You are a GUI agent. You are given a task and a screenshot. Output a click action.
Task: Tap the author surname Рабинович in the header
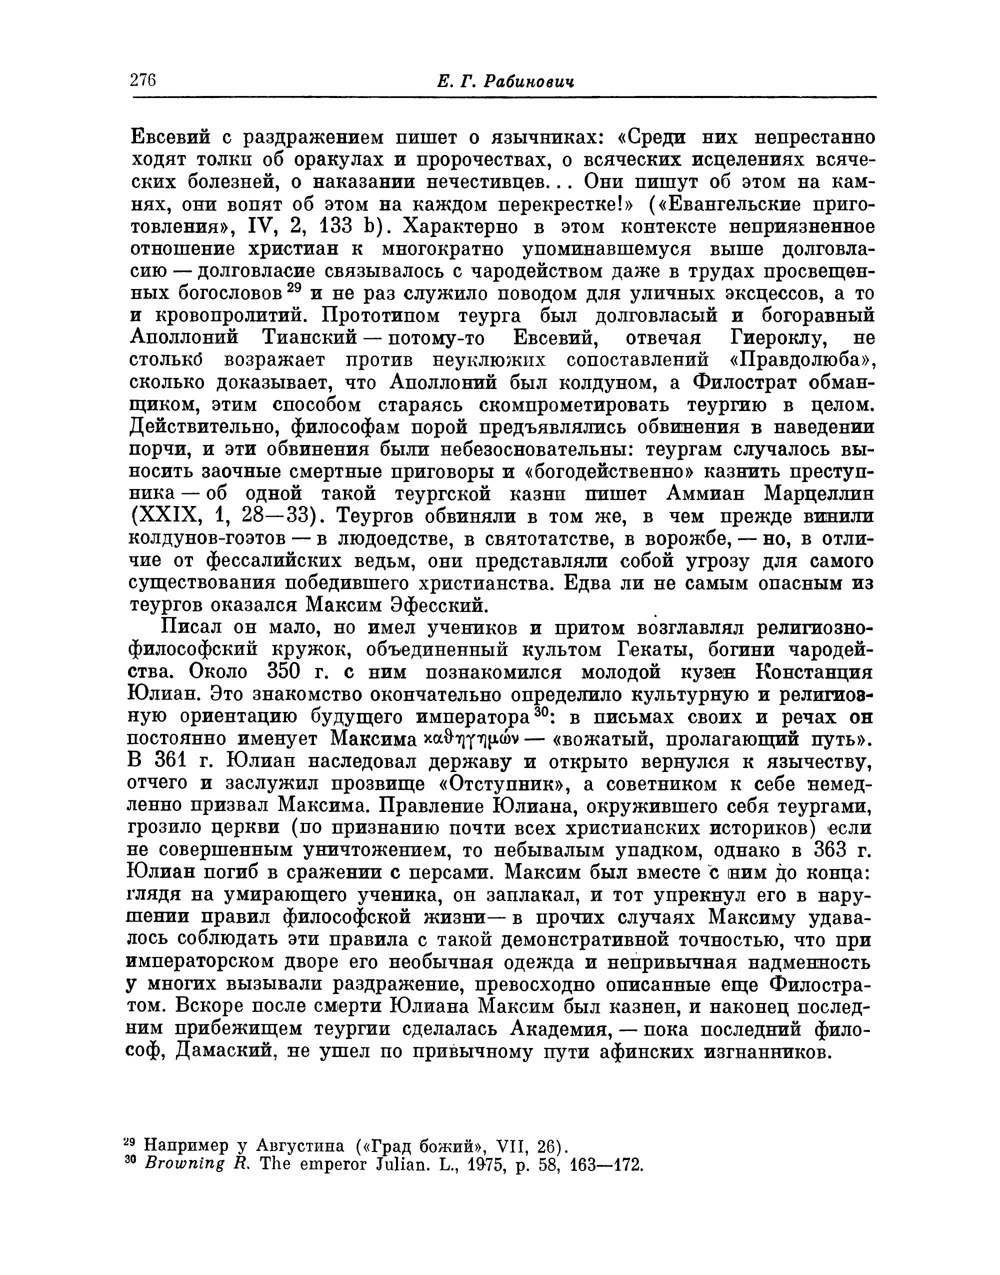pyautogui.click(x=528, y=82)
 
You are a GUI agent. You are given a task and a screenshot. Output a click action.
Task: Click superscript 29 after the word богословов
pyautogui.click(x=294, y=288)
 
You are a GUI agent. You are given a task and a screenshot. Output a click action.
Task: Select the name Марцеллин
pyautogui.click(x=819, y=494)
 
